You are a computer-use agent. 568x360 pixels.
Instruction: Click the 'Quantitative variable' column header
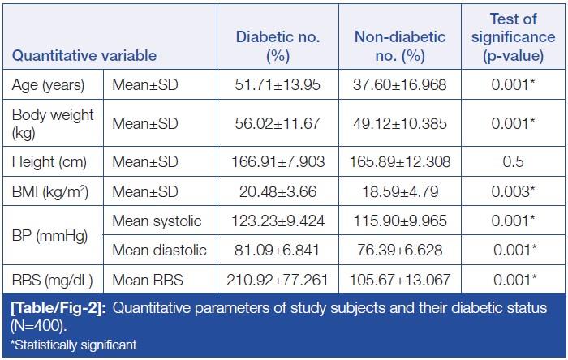(84, 57)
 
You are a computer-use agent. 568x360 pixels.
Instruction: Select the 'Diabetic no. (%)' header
(278, 47)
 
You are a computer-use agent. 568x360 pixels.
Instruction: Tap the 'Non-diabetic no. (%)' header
(401, 47)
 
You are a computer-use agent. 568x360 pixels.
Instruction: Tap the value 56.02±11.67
(278, 122)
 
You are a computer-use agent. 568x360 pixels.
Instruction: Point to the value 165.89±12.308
(401, 161)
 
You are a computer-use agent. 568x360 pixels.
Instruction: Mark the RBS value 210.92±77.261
(278, 280)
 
